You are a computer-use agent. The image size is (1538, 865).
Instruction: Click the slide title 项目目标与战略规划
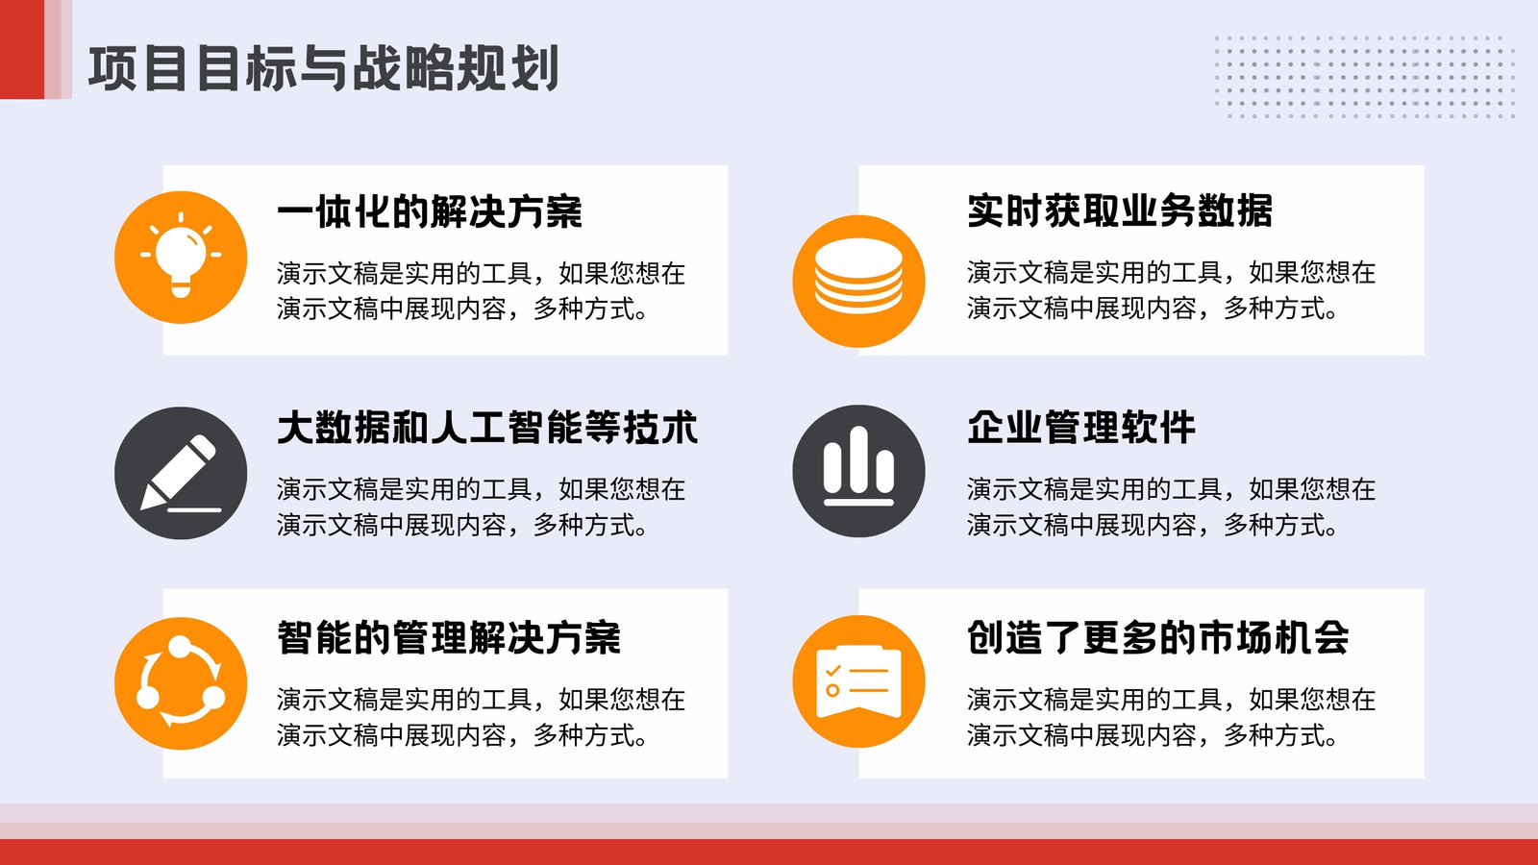(323, 68)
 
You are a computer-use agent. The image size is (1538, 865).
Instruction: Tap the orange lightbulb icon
(181, 258)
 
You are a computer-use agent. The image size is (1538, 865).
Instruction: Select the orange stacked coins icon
(858, 281)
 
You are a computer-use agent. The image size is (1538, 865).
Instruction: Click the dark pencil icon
(181, 473)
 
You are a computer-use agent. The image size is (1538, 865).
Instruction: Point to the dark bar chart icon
(858, 471)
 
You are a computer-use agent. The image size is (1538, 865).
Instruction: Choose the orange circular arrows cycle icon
(181, 683)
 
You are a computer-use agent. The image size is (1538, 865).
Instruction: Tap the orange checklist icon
(858, 681)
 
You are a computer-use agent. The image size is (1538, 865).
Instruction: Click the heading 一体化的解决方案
(430, 211)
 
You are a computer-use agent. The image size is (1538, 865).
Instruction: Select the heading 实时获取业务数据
(1121, 210)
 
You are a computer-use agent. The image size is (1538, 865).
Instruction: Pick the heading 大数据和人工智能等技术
(487, 428)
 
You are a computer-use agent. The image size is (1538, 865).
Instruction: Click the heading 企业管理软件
(1081, 427)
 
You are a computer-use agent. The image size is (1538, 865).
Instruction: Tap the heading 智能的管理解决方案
(449, 638)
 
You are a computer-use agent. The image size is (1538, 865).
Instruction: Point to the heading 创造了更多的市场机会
(1158, 637)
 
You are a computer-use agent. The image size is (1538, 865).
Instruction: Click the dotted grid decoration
(1365, 77)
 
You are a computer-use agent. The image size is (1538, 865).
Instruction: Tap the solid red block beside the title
(22, 49)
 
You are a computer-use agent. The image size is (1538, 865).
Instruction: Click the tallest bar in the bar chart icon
(858, 459)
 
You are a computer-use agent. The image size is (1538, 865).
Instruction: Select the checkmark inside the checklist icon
(833, 670)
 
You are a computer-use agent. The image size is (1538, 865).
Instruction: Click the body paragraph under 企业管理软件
(1172, 507)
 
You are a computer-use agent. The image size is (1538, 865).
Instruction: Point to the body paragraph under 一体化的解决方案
(482, 291)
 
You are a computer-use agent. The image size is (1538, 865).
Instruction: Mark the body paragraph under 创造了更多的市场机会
(1172, 717)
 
